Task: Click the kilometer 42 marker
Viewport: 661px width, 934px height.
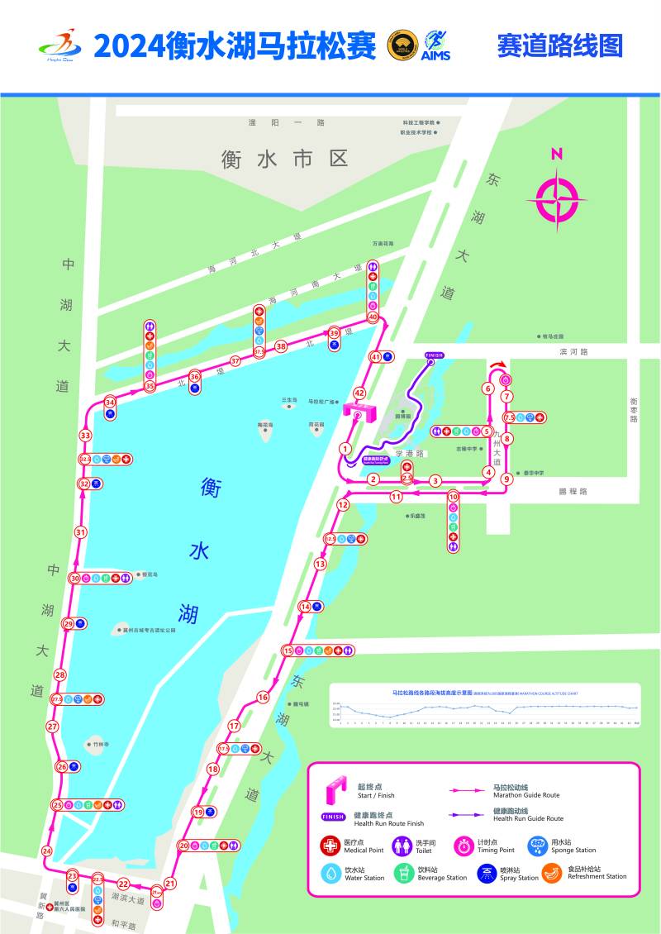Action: tap(359, 393)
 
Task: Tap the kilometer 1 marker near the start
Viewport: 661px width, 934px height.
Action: tap(345, 449)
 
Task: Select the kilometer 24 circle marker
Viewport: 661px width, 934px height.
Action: tap(47, 851)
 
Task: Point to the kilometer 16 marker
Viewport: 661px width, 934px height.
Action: tap(263, 697)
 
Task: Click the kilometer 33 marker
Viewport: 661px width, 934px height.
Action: tap(85, 435)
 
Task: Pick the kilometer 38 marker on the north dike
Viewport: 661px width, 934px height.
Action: tap(281, 346)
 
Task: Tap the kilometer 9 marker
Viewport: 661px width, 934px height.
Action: tap(506, 478)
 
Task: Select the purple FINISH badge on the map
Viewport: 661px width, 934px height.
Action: tap(434, 355)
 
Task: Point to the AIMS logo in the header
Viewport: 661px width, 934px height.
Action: tap(435, 45)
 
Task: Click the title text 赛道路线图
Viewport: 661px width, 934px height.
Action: tap(559, 45)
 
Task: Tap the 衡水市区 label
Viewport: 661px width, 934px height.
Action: tap(285, 159)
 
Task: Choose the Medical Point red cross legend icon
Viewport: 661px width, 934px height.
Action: tap(330, 846)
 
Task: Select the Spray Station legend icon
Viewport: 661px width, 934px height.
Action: tap(487, 873)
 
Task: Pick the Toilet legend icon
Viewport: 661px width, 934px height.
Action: tap(402, 846)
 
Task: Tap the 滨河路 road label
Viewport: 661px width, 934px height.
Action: tap(572, 351)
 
